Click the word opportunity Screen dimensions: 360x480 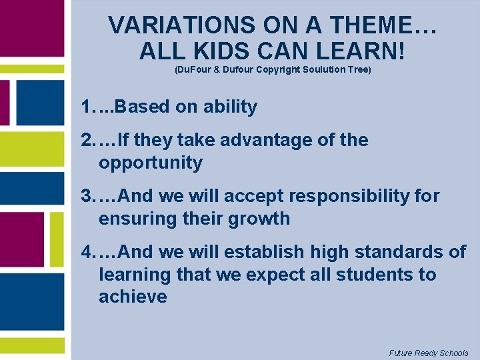tap(151, 163)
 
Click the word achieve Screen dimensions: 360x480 tap(133, 297)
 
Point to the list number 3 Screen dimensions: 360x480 tap(87, 197)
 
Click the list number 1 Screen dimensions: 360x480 tap(85, 107)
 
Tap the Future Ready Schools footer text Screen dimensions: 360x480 tap(429, 353)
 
